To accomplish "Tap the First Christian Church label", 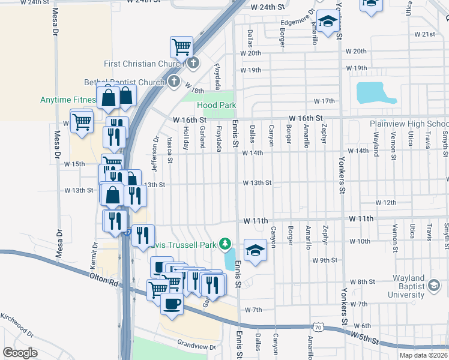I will tap(145, 64).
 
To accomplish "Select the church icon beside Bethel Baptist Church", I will tap(173, 82).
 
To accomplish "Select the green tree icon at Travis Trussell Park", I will tap(225, 244).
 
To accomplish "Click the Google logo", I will tap(20, 352).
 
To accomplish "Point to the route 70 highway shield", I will tap(318, 327).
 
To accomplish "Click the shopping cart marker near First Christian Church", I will tap(181, 46).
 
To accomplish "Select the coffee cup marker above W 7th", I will tap(172, 304).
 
